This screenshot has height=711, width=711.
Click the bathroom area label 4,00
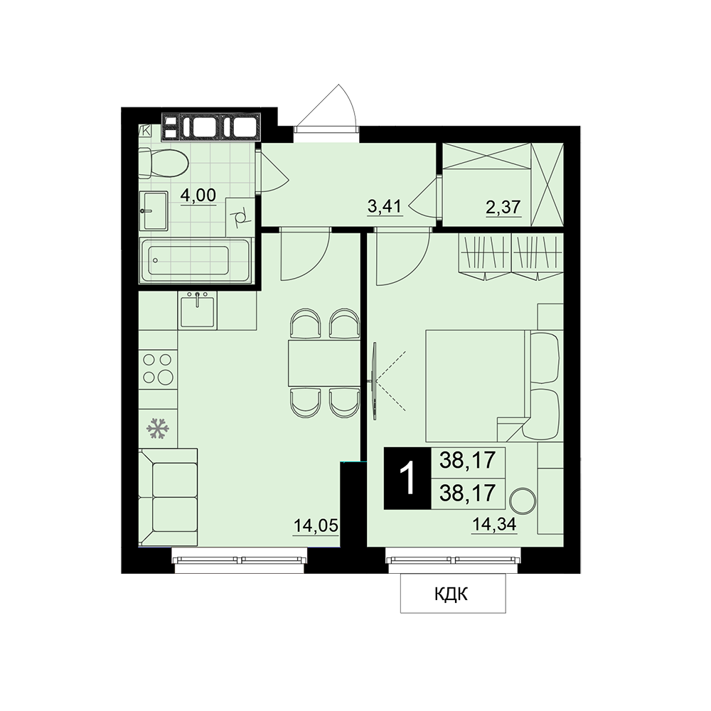pyautogui.click(x=198, y=196)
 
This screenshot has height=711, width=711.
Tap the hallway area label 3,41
pyautogui.click(x=385, y=207)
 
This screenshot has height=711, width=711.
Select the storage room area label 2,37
pyautogui.click(x=503, y=207)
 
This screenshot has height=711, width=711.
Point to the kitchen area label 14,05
pyautogui.click(x=316, y=526)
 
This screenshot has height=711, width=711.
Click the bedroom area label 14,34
pyautogui.click(x=494, y=525)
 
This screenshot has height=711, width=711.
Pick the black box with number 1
pyautogui.click(x=407, y=479)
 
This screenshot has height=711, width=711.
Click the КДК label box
pyautogui.click(x=453, y=594)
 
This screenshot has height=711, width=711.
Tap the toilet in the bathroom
pyautogui.click(x=164, y=164)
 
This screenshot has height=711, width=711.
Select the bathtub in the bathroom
pyautogui.click(x=195, y=260)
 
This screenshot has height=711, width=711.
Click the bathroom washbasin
pyautogui.click(x=154, y=211)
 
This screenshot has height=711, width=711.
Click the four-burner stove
pyautogui.click(x=158, y=368)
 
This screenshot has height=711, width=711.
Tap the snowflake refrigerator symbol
pyautogui.click(x=157, y=429)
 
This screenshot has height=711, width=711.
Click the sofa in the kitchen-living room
pyautogui.click(x=169, y=497)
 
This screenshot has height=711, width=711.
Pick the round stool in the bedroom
pyautogui.click(x=523, y=501)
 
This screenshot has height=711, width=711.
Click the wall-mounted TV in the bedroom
pyautogui.click(x=374, y=381)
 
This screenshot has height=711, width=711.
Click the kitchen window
pyautogui.click(x=240, y=560)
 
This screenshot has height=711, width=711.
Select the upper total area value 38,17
pyautogui.click(x=467, y=460)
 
